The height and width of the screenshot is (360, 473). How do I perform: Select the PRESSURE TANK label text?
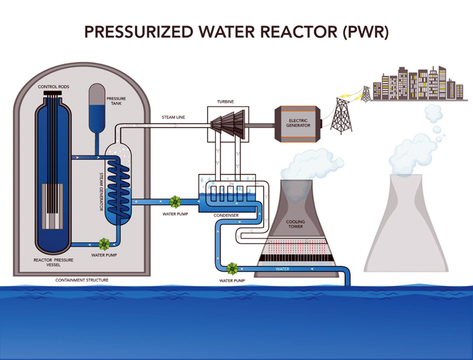115,100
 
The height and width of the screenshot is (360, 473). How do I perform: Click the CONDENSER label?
226,215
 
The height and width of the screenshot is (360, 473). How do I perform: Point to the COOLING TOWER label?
296,225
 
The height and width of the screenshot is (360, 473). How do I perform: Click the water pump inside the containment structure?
104,244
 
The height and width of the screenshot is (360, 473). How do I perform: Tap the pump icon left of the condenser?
175,202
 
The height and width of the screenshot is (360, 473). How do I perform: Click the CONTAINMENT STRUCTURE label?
82,280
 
